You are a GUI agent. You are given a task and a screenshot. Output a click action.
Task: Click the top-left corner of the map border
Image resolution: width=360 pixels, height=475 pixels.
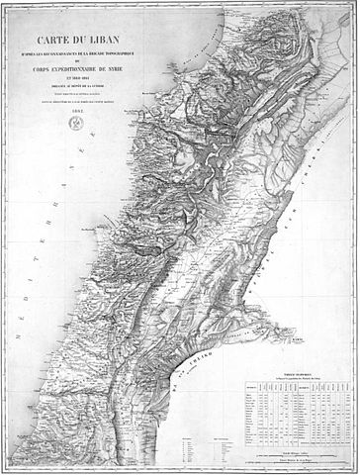[x=4, y=4]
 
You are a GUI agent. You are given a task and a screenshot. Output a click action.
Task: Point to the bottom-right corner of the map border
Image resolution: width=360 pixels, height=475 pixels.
[x=355, y=470]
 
